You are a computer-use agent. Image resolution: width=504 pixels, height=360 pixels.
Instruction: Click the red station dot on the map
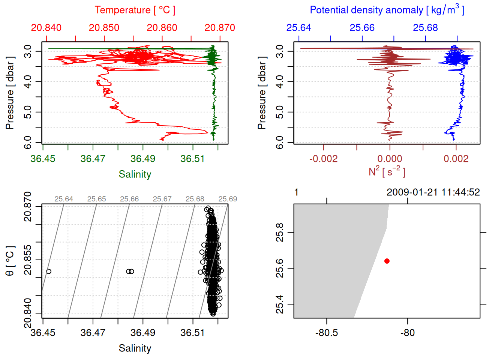pos(387,261)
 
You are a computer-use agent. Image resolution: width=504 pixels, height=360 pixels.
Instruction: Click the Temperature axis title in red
pos(135,10)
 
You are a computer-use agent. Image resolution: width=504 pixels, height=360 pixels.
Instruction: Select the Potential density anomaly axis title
pos(387,10)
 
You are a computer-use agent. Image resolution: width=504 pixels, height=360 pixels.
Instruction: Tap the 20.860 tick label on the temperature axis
pos(162,28)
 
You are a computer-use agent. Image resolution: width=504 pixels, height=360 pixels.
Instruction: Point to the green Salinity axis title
pos(135,174)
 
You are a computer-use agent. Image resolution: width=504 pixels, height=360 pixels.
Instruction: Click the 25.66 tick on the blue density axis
pos(362,28)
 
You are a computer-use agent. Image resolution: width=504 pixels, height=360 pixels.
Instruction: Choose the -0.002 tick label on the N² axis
pos(323,159)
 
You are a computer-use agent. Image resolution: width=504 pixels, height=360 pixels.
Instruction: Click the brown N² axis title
pos(387,171)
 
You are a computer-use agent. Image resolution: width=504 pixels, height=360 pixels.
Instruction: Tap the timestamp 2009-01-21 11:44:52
pos(433,192)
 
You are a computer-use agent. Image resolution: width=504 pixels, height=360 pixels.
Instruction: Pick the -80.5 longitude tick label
pos(327,333)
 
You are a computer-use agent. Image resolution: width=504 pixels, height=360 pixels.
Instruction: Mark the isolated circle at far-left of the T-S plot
pos(49,271)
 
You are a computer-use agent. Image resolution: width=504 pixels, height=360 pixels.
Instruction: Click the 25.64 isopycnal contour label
pos(64,199)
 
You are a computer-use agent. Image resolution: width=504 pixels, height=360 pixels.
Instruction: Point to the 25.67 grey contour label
pos(162,199)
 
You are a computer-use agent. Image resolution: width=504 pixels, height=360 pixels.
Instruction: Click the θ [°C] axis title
pos(10,261)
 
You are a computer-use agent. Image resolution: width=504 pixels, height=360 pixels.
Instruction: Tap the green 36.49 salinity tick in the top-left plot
pos(143,159)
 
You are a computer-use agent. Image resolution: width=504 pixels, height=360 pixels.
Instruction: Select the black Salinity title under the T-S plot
pos(135,348)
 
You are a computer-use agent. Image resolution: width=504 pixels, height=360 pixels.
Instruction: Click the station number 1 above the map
pos(296,192)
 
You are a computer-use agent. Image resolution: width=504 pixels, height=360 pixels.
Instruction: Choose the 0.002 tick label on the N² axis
pos(456,159)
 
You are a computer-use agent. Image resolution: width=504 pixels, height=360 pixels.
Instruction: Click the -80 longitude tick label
pos(407,333)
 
